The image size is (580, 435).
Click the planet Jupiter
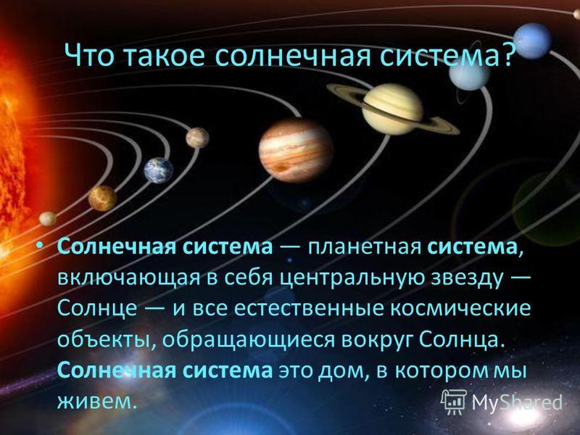pyautogui.click(x=296, y=151)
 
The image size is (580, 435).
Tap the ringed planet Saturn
pyautogui.click(x=393, y=109)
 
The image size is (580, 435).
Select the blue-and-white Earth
pyautogui.click(x=158, y=170)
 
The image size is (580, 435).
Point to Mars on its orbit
pyautogui.click(x=197, y=138)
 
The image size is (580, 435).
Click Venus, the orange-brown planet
pyautogui.click(x=102, y=198)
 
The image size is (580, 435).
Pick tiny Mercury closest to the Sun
pyautogui.click(x=48, y=219)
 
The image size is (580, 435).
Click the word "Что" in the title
pyautogui.click(x=88, y=56)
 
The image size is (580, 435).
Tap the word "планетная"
pyautogui.click(x=365, y=247)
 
